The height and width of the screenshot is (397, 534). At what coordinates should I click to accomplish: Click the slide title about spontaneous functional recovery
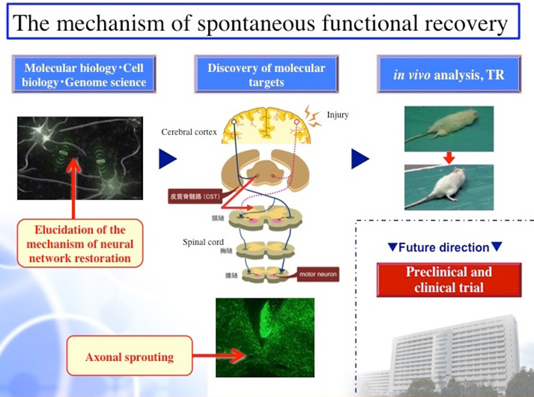(260, 23)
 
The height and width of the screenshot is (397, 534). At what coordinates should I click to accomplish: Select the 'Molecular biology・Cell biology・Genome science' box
(83, 75)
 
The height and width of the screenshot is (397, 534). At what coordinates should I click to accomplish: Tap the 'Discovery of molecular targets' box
(266, 75)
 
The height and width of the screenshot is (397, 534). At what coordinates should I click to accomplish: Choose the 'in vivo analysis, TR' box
(448, 75)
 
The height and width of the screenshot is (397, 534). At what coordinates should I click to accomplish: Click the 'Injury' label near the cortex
(338, 115)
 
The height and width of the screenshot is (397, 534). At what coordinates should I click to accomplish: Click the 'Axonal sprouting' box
(129, 356)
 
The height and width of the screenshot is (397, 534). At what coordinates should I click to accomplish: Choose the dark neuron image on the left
(79, 158)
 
